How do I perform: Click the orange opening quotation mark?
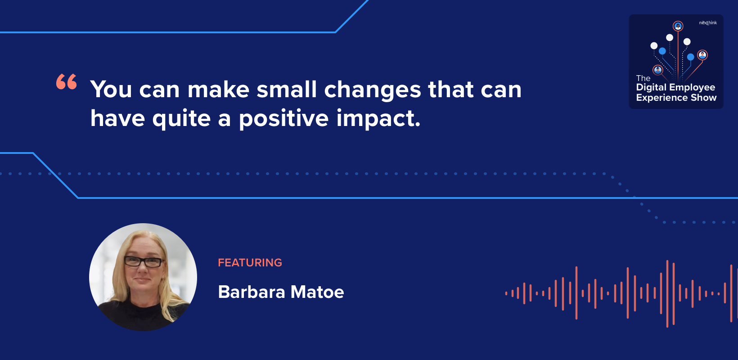(67, 81)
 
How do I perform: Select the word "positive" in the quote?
(283, 119)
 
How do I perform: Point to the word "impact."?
(378, 119)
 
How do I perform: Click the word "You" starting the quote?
(111, 89)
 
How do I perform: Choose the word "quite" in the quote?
(181, 119)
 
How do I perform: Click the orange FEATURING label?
(250, 262)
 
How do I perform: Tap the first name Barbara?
(252, 292)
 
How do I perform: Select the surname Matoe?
(317, 292)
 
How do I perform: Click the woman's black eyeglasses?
(144, 262)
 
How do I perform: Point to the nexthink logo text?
(708, 23)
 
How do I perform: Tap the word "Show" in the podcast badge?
(705, 98)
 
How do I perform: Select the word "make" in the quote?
(218, 89)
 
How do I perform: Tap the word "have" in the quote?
(117, 118)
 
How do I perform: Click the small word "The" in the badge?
(643, 78)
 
